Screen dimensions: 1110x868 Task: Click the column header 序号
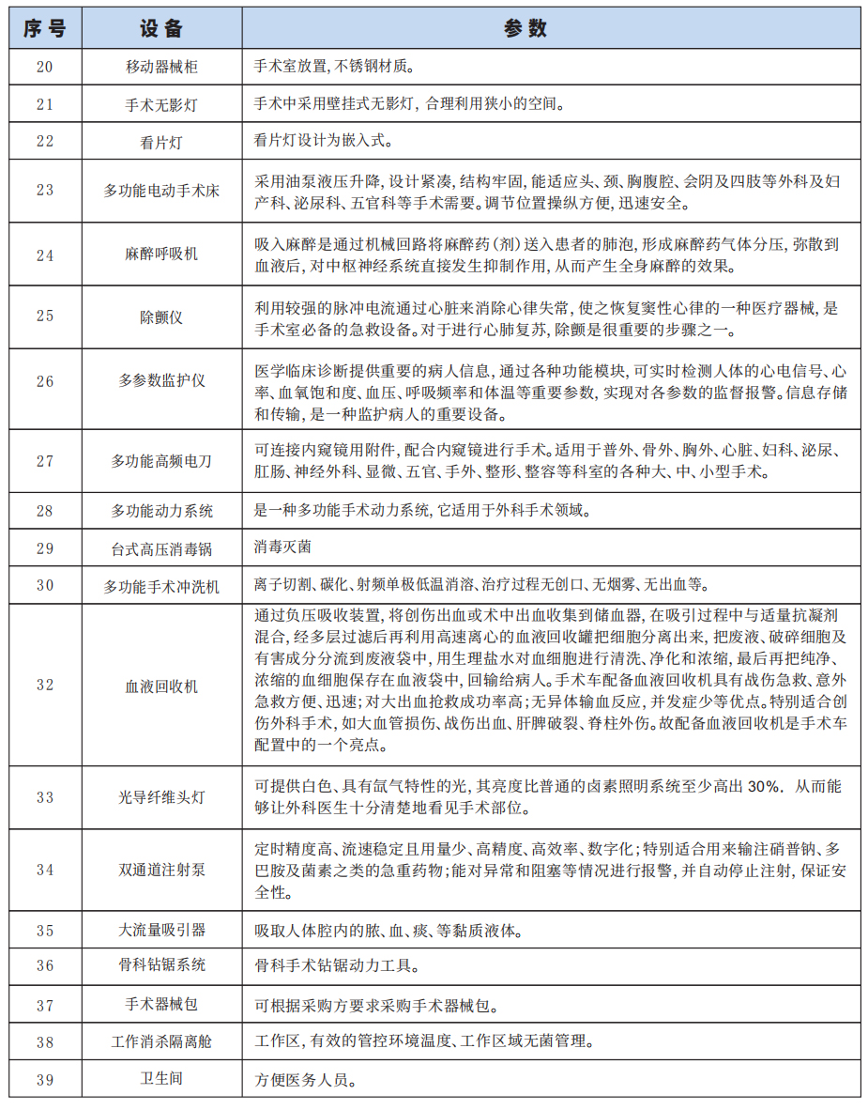45,28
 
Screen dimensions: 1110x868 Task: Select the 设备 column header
161,28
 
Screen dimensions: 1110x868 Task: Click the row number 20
45,68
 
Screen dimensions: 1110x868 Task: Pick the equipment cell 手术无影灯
161,104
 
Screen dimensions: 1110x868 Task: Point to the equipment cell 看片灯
161,142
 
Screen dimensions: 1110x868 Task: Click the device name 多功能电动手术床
161,191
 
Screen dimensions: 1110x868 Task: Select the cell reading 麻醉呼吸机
161,254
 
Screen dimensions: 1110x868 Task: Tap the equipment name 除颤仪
161,316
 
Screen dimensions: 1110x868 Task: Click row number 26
45,381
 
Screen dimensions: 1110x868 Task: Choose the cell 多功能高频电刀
161,461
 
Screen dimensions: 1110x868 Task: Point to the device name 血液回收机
161,686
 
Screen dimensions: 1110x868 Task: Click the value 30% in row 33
763,787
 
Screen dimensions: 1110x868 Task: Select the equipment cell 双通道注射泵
161,870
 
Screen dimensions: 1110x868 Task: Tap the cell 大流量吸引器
161,931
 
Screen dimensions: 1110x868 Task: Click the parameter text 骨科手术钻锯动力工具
337,965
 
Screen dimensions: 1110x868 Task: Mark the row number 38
45,1041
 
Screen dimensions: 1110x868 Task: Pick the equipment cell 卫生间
161,1078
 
